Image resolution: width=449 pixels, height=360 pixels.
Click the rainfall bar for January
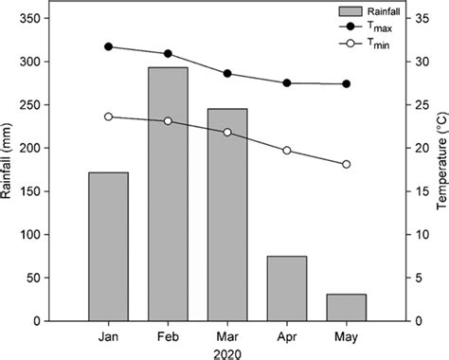(x=108, y=246)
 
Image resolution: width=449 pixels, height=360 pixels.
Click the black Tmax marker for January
(x=108, y=46)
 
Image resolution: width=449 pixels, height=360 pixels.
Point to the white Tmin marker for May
(x=346, y=164)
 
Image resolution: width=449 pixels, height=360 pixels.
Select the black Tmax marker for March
(x=227, y=73)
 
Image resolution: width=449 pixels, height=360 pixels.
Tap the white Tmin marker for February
(x=168, y=121)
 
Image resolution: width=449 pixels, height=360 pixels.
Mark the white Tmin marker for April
(x=287, y=151)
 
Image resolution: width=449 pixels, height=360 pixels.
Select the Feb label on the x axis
(x=168, y=336)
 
